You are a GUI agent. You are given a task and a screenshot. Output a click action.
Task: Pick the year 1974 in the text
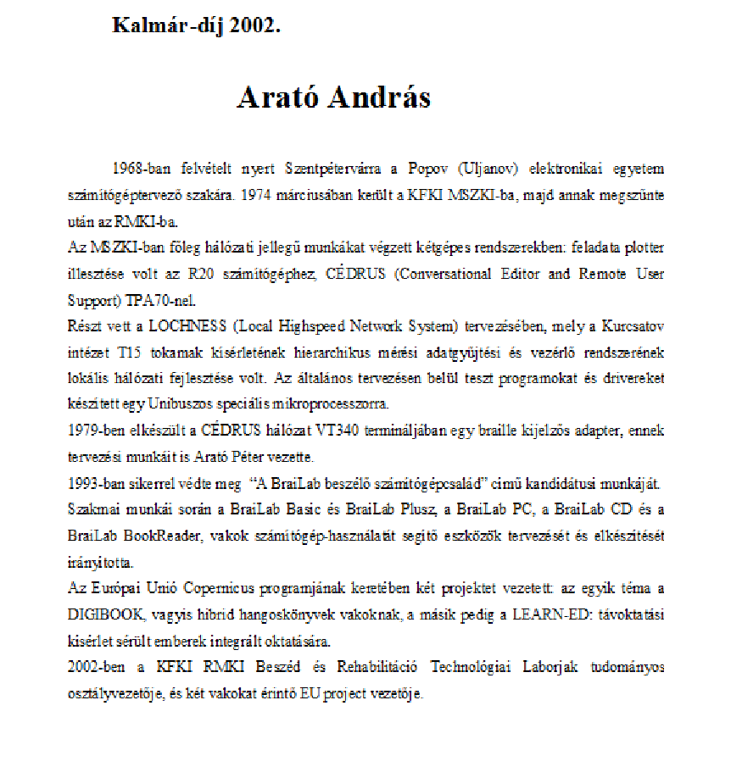click(x=256, y=194)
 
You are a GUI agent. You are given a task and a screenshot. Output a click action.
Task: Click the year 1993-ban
click(x=97, y=485)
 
